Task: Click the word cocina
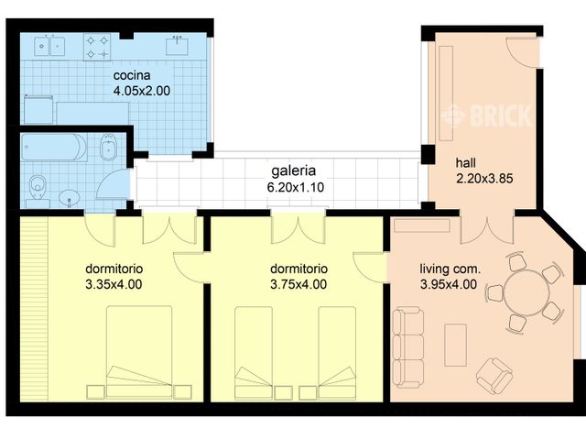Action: [x=133, y=75]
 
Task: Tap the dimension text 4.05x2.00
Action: [x=142, y=91]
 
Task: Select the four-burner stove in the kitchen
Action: [x=97, y=47]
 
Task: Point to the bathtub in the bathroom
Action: [x=53, y=148]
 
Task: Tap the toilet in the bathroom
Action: [x=38, y=186]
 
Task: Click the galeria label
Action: [x=293, y=171]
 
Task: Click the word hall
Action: [x=466, y=164]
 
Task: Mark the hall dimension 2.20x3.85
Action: [x=483, y=180]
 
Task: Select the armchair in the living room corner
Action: [x=495, y=374]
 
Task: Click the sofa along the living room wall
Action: [x=408, y=346]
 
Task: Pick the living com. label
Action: [x=450, y=269]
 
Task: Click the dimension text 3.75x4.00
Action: [x=298, y=284]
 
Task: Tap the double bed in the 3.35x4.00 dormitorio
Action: [x=140, y=354]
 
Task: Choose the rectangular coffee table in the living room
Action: [x=455, y=345]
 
